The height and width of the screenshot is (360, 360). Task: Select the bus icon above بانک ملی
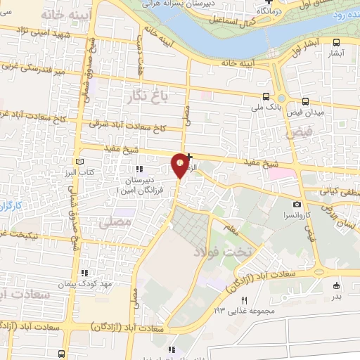click(266, 96)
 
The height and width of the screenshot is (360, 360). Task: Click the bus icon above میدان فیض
click(306, 101)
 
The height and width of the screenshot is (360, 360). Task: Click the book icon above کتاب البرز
click(78, 162)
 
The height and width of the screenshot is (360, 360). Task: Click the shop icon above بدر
click(337, 285)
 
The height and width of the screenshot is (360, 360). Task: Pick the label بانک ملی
click(266, 108)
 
